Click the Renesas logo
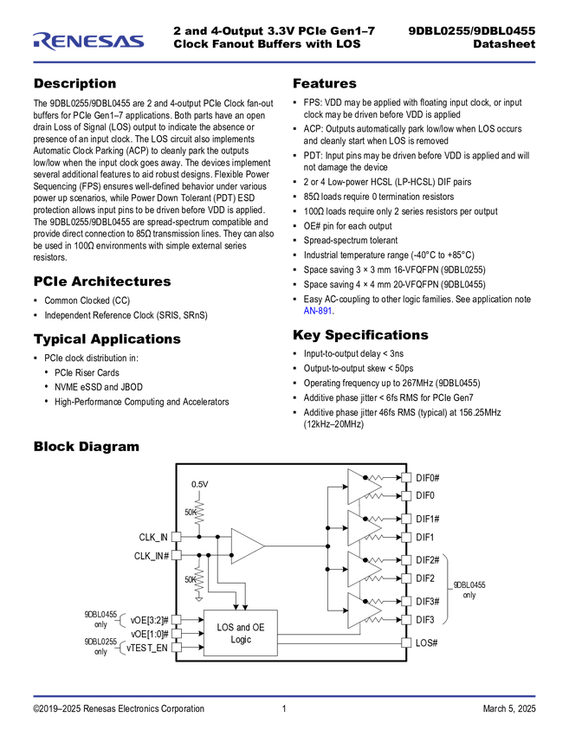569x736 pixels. [x=88, y=40]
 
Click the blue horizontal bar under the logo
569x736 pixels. [x=284, y=62]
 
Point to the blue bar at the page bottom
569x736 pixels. [x=284, y=696]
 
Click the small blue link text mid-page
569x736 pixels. [x=317, y=311]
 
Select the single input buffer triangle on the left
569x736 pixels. [x=246, y=546]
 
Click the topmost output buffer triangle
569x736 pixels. [x=363, y=487]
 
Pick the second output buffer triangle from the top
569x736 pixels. [x=363, y=527]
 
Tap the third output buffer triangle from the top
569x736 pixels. [x=363, y=569]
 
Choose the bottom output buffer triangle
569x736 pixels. [x=363, y=610]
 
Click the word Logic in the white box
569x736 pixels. [x=241, y=640]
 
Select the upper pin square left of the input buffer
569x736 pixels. [x=177, y=537]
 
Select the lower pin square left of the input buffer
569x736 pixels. [x=177, y=555]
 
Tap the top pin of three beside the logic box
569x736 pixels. [x=177, y=619]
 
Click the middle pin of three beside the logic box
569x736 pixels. [x=177, y=633]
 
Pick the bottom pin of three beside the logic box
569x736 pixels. [x=177, y=647]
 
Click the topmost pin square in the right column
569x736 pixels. [x=405, y=477]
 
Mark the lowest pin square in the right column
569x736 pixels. [x=405, y=642]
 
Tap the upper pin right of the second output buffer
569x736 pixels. [x=405, y=519]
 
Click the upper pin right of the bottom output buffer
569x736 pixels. [x=405, y=601]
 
